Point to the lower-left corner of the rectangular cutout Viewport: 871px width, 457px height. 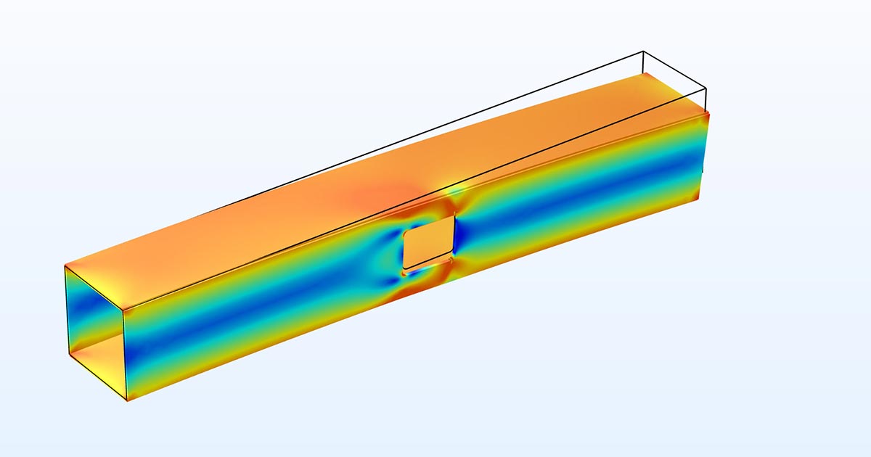click(404, 268)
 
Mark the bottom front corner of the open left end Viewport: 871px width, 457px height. click(128, 401)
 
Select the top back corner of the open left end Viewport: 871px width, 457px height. click(65, 265)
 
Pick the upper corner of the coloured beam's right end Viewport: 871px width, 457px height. click(708, 112)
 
